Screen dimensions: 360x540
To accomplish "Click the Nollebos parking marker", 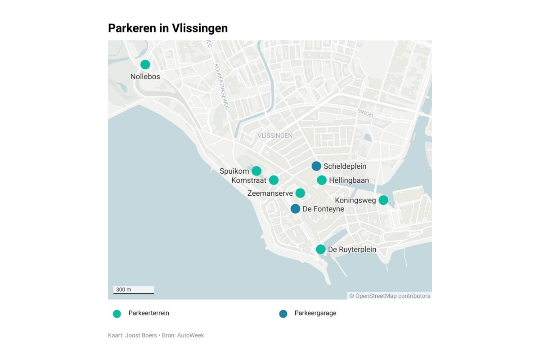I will coord(145,64).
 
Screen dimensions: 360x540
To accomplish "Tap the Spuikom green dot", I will coord(256,171).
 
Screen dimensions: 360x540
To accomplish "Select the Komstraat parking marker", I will coord(274,180).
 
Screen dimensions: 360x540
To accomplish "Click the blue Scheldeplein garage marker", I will coord(316,166).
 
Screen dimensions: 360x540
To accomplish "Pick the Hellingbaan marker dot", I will coord(321,180).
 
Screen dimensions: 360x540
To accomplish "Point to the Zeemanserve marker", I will coord(300,193).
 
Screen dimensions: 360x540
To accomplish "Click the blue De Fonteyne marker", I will coord(295,208).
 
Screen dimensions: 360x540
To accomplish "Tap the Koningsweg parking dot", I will coord(383,200).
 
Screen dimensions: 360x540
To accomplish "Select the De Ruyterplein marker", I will coord(320,249).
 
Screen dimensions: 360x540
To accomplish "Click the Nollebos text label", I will coord(145,76).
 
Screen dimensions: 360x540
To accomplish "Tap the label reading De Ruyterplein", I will coord(352,249).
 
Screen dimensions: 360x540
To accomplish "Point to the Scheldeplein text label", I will coord(345,166).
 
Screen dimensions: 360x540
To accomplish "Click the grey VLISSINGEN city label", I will coord(275,135).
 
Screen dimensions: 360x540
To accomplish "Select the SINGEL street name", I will coord(366,113).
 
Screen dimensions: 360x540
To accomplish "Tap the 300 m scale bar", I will coord(134,290).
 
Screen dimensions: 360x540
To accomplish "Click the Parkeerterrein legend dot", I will coord(117,314).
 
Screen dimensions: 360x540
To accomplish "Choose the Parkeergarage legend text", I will coord(315,313).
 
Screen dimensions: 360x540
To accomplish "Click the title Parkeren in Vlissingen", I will coord(168,28).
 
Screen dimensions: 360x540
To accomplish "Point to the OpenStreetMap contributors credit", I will coord(390,296).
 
